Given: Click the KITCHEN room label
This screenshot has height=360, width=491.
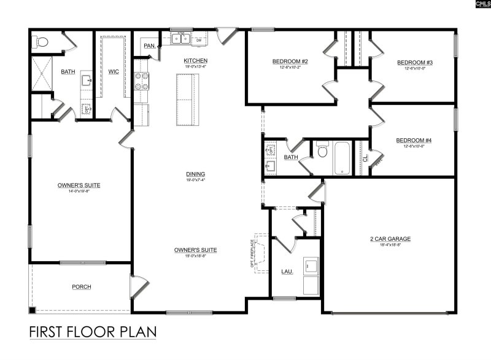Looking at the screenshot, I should pos(195,61).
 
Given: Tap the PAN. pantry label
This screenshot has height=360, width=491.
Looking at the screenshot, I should pos(149,45).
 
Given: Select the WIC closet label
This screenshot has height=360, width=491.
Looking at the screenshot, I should pos(114,71).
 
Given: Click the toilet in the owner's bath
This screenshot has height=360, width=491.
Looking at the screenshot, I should pos(41,42).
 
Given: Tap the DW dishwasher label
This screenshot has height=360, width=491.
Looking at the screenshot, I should pos(199,41).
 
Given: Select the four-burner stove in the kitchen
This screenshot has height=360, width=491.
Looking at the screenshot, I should pos(142,81).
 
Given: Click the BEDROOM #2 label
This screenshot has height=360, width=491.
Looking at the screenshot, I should pos(290,61).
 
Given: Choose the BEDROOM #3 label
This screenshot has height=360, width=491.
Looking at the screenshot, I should pos(415,63).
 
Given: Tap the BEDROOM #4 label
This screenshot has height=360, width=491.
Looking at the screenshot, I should pos(414,141).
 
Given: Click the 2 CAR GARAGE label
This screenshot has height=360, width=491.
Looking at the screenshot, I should pos(390,238).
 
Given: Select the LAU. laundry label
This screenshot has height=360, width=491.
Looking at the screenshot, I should pos(287,271).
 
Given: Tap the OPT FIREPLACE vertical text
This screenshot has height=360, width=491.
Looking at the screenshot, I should pos(252,252).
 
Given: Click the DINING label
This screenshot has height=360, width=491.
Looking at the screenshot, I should pos(195,174).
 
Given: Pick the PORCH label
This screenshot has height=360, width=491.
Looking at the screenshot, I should pos(82,286).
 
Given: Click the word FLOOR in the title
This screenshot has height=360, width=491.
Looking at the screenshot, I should pos(93,332).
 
